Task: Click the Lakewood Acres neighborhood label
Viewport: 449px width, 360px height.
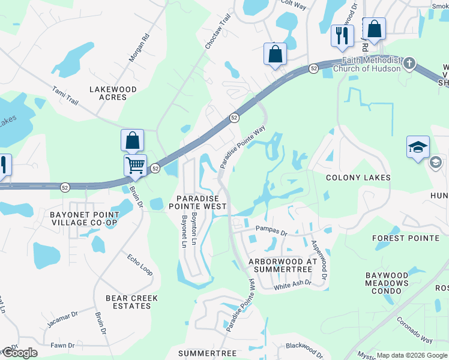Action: (x=113, y=93)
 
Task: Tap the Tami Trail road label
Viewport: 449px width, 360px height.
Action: (x=65, y=96)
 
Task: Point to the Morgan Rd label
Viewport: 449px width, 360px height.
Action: (x=139, y=48)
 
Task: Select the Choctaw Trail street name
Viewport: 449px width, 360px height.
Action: (x=218, y=31)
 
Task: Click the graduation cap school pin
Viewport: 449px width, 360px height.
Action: (x=418, y=147)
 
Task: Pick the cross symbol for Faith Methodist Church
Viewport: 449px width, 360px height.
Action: (x=409, y=63)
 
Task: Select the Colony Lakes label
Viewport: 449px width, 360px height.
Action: (x=358, y=178)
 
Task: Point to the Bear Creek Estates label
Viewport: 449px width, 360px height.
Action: (x=131, y=302)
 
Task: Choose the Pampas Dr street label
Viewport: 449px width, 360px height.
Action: (x=272, y=229)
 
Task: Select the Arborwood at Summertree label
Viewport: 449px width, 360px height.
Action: (x=282, y=266)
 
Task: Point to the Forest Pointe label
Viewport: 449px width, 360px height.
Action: (x=406, y=238)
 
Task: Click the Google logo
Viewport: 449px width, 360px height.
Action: (x=19, y=353)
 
